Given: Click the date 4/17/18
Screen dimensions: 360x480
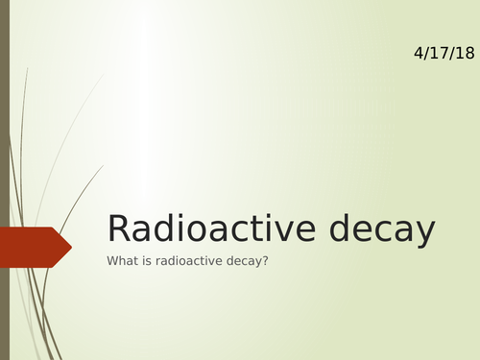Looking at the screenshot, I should click(x=444, y=54).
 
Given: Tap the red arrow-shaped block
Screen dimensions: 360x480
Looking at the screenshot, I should click(x=33, y=247).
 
